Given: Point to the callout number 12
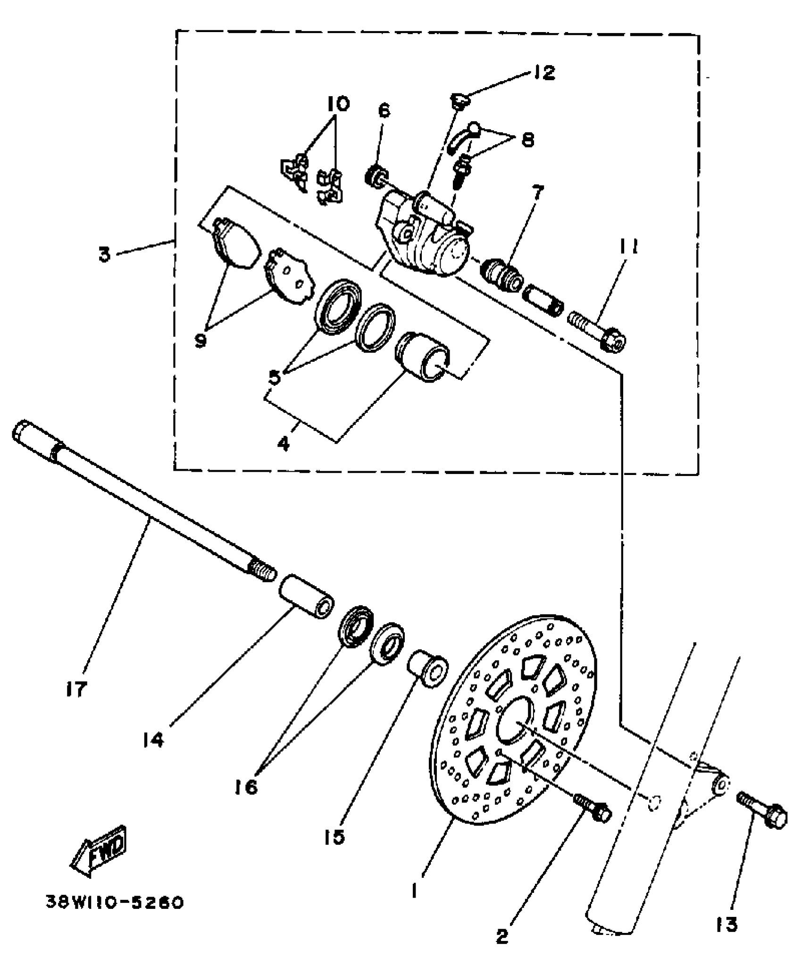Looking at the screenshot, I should tap(544, 72).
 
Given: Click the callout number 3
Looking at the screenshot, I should tap(104, 255).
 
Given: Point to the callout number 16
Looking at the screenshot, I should tap(246, 786).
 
